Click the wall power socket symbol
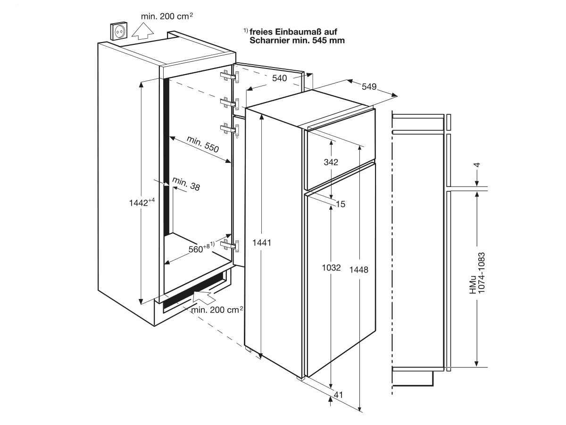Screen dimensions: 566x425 (x=119, y=31)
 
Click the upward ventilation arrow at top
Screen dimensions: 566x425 (x=142, y=31)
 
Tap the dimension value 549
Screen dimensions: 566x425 (x=369, y=87)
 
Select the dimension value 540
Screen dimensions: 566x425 (x=280, y=78)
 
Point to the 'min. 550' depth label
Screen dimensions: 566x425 (x=203, y=144)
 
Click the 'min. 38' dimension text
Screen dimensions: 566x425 (x=186, y=184)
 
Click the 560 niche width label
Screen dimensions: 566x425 (x=201, y=248)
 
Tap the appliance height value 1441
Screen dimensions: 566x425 (x=262, y=243)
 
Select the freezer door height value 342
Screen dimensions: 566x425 (x=331, y=162)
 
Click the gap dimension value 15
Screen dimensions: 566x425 (x=341, y=204)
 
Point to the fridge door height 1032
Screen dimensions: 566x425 (x=332, y=268)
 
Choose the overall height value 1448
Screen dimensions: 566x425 (x=358, y=270)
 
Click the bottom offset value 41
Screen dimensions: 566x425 (x=339, y=395)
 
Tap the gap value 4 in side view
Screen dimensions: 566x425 (x=477, y=165)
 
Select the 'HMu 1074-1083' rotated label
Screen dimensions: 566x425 (x=477, y=273)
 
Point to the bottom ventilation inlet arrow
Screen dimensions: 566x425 (x=204, y=297)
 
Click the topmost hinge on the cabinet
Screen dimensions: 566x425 (x=230, y=76)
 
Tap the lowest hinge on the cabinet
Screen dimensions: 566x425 (x=230, y=246)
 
